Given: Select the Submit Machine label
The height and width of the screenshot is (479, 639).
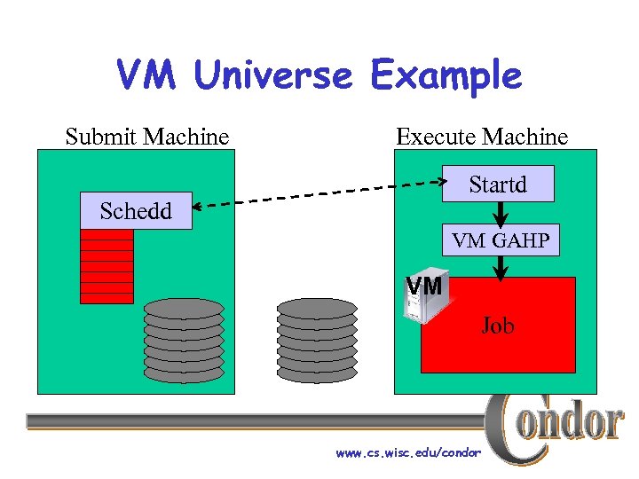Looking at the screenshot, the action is (x=147, y=137).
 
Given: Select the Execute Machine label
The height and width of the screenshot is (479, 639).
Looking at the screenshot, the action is (x=482, y=137).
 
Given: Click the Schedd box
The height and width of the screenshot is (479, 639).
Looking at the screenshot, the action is (x=136, y=211).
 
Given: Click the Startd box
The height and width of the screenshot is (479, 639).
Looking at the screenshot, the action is (x=498, y=185).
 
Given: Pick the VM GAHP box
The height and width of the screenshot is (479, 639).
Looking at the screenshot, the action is (x=501, y=239).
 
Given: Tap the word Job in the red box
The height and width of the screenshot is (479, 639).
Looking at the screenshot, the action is (x=498, y=326).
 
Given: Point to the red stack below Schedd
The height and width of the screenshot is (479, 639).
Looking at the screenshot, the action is (x=106, y=266).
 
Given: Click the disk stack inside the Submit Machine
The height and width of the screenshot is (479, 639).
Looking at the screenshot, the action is (x=184, y=340).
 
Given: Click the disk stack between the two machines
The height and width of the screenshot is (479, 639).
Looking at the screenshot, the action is (x=316, y=340).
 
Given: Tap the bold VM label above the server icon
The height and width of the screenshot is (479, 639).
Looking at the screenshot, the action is (x=423, y=286).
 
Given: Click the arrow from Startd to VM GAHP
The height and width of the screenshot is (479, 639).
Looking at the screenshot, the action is (x=501, y=213).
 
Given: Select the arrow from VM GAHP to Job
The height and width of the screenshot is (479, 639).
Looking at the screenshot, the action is (x=501, y=267).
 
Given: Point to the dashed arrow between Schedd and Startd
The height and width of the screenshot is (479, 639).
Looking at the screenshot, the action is (x=319, y=195).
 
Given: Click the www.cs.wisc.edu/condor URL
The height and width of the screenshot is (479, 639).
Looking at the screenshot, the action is (x=408, y=453).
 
